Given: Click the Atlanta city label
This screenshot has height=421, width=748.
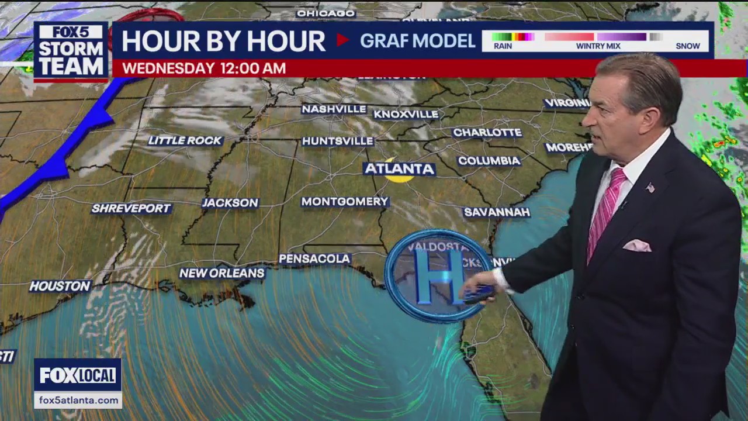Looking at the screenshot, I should tap(400, 169).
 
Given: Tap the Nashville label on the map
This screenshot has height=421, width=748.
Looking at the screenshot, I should tap(334, 109).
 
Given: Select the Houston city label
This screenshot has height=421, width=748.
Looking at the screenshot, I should tap(60, 286).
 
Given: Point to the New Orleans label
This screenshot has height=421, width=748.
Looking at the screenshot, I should tap(221, 273).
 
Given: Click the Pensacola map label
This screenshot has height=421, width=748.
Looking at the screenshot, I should tap(314, 258).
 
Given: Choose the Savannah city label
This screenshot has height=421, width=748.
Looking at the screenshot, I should tap(496, 212).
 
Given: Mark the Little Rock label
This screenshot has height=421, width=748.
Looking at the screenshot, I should tap(185, 140).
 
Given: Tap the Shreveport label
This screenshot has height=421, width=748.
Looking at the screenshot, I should tap(131, 208).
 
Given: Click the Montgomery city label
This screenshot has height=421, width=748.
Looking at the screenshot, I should tap(345, 202).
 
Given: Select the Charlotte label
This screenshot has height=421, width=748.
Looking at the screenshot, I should tap(487, 133).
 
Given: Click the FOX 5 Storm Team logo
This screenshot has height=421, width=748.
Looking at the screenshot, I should tap(71, 51).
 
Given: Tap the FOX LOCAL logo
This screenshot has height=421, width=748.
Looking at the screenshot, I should tap(78, 375).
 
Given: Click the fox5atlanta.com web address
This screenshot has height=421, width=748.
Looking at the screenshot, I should tap(78, 400).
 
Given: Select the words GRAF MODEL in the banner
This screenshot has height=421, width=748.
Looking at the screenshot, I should tap(417, 41).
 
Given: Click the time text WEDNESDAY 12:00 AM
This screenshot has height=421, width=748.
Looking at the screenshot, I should tap(204, 68).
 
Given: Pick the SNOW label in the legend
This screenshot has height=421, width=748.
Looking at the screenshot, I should tap(687, 46).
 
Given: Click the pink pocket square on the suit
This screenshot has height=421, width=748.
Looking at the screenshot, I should tap(637, 246).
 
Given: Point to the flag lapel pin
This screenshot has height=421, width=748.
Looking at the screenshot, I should tap(650, 188).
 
